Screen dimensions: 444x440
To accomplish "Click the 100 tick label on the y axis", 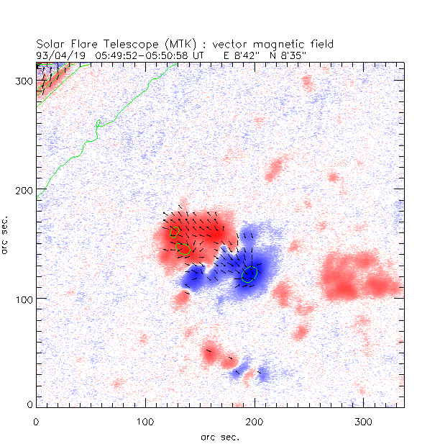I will point(23,298).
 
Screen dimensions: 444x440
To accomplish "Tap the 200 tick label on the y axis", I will point(23,189).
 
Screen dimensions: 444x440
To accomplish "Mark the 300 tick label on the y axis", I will point(23,80).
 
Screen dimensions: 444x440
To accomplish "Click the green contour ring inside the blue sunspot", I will point(249,275).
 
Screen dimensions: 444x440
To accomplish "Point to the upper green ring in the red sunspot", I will point(173,233).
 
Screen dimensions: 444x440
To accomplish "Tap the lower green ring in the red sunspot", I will point(182,249).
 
